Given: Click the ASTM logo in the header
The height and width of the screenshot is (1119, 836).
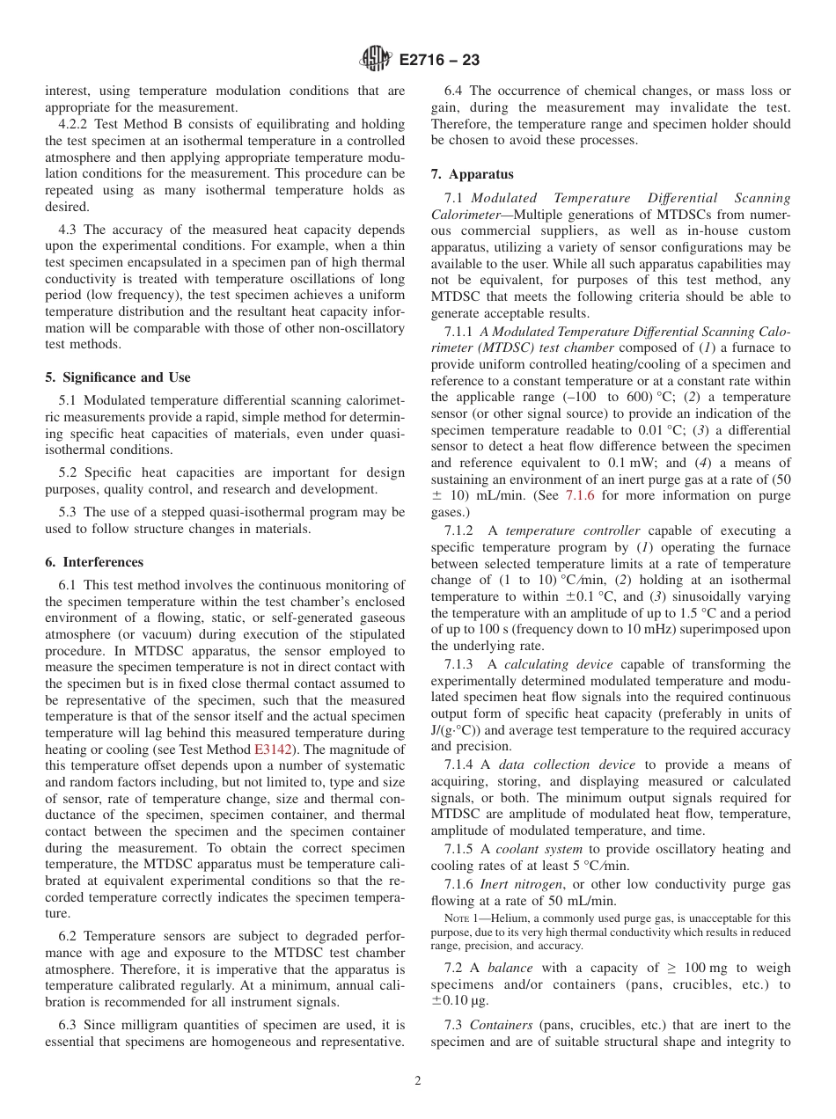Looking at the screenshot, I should (x=377, y=61).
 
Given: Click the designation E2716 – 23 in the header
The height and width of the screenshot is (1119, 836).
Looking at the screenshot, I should (x=439, y=61).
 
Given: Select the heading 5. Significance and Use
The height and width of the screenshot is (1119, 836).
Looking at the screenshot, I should (x=117, y=377).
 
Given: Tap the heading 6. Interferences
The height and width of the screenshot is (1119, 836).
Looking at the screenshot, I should (x=94, y=562).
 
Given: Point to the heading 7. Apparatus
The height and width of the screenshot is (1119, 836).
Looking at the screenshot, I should (x=473, y=174).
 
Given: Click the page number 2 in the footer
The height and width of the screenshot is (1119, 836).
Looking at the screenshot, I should (x=417, y=1081).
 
